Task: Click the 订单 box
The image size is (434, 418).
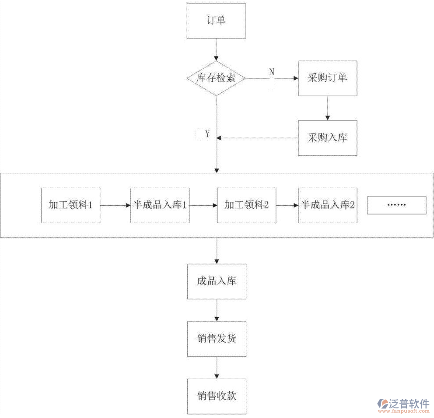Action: (216, 21)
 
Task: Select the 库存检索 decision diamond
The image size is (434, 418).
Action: (216, 78)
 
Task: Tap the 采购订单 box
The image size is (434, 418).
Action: (327, 78)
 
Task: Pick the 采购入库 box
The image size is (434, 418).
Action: (327, 138)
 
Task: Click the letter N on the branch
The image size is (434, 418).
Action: (271, 72)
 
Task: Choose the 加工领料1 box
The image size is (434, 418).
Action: (70, 205)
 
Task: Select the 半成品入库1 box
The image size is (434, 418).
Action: (160, 205)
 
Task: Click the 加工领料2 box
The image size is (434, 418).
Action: (246, 205)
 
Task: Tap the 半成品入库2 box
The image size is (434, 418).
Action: (327, 205)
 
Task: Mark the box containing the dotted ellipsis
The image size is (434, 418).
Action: (396, 205)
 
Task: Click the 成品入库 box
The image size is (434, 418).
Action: (217, 281)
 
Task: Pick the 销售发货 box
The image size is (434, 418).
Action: (217, 339)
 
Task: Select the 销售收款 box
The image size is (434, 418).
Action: (217, 396)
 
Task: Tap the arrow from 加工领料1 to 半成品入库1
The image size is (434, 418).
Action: (115, 205)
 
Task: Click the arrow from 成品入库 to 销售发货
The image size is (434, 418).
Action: (217, 310)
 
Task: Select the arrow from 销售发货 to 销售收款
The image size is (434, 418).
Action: (217, 368)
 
